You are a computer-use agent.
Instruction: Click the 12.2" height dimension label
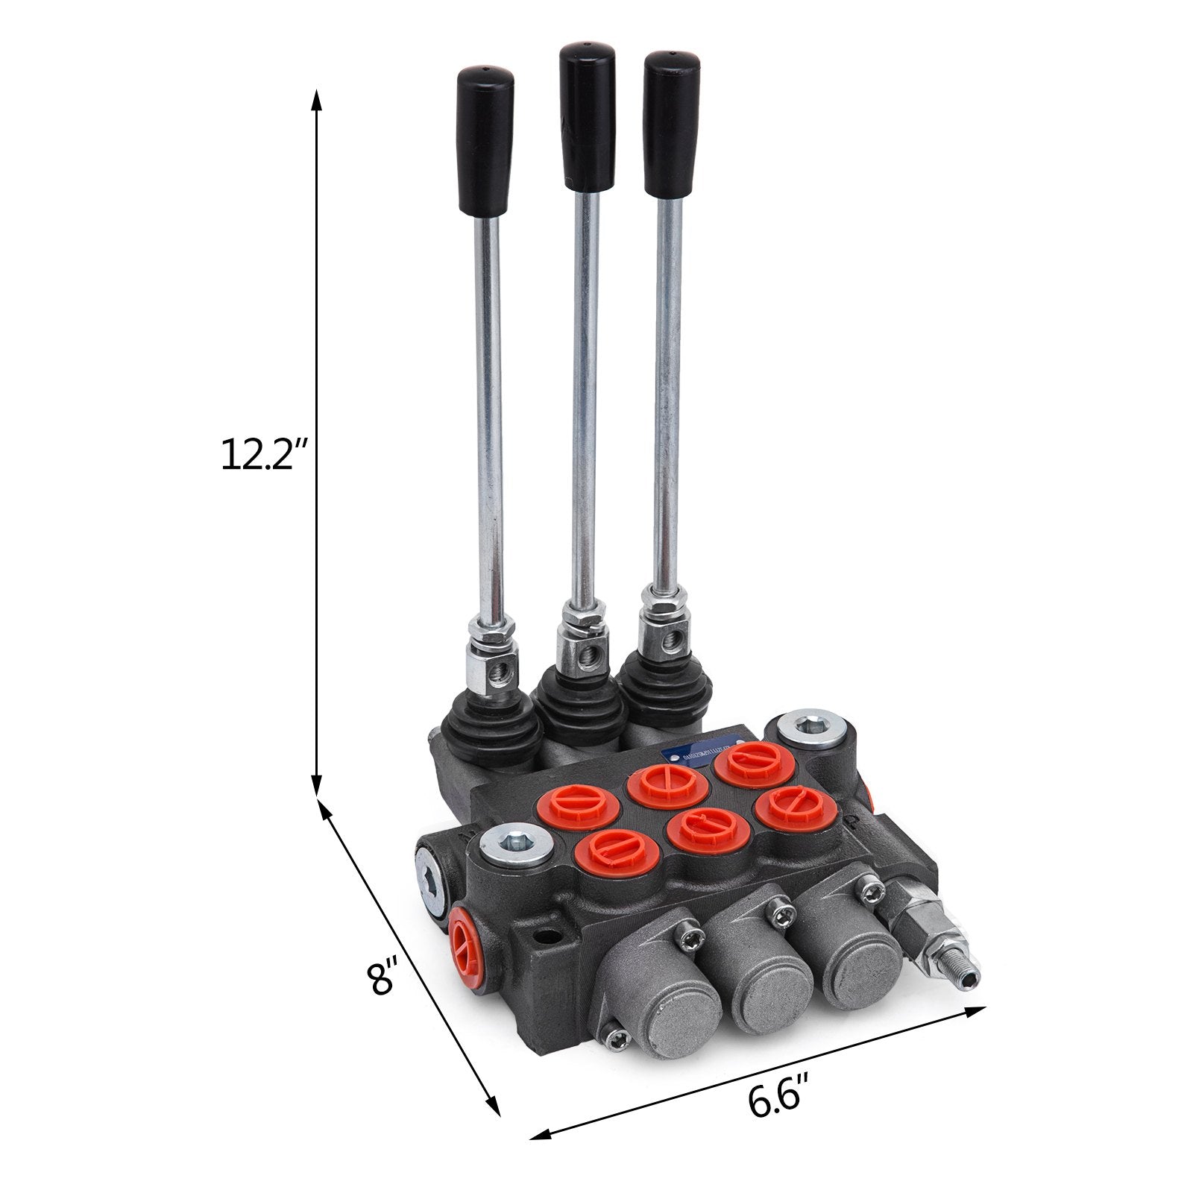(x=258, y=453)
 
